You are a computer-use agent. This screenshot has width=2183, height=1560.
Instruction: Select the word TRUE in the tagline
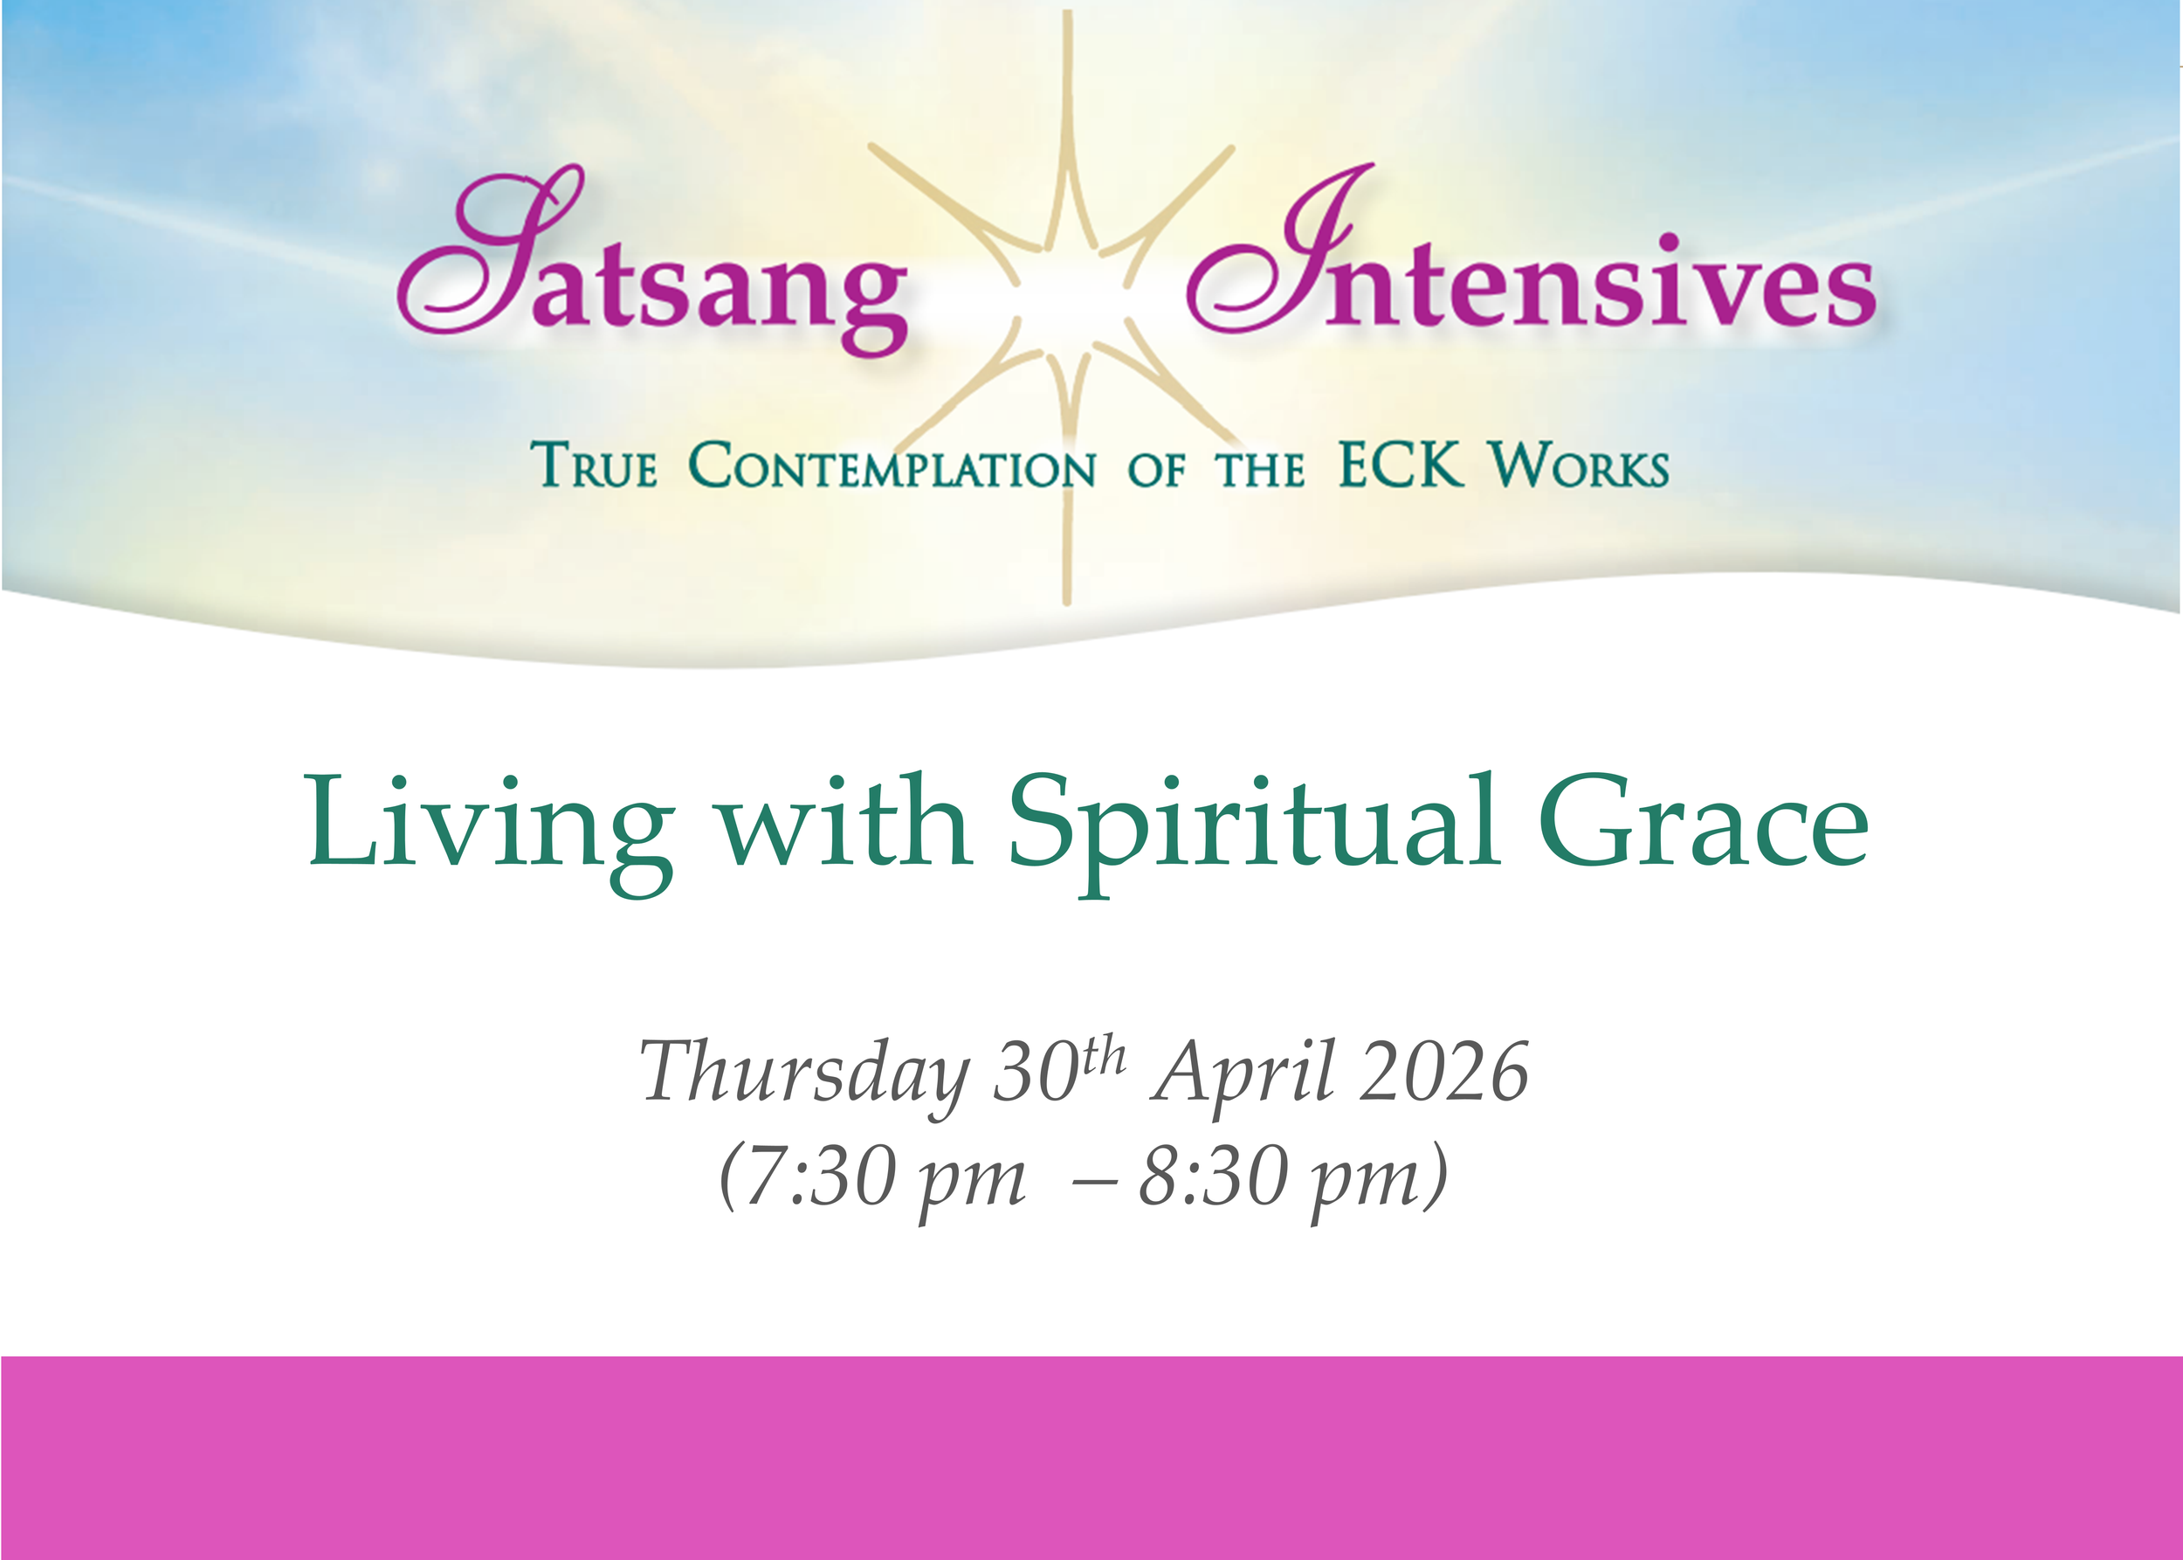pos(595,466)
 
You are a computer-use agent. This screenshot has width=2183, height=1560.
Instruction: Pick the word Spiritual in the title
pos(1254,826)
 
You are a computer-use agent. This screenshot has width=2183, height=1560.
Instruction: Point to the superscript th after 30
pos(1104,1056)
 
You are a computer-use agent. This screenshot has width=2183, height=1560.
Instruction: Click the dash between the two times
pos(1093,1182)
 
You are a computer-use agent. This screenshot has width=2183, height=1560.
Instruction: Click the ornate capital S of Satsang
pos(490,254)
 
